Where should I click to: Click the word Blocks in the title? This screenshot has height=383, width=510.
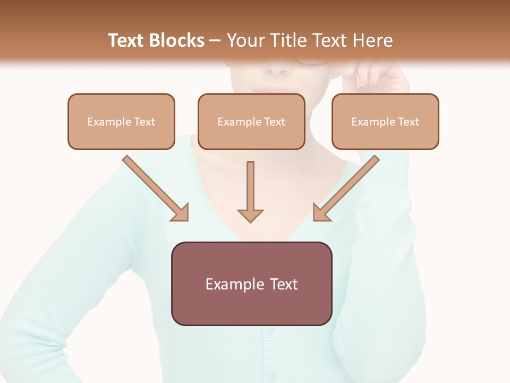[176, 40]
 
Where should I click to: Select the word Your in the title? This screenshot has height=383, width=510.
[244, 40]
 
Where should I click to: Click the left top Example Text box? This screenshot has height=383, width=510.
[121, 121]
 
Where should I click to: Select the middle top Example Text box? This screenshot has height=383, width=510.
[251, 121]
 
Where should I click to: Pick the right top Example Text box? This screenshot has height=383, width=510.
[385, 121]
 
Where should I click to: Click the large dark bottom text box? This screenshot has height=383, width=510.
[251, 284]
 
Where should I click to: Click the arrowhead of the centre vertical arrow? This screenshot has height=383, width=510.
[250, 215]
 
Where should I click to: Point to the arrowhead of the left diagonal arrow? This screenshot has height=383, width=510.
[181, 213]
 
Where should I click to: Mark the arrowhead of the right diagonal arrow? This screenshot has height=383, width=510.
[321, 213]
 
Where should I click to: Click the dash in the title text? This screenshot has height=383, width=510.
[215, 41]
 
